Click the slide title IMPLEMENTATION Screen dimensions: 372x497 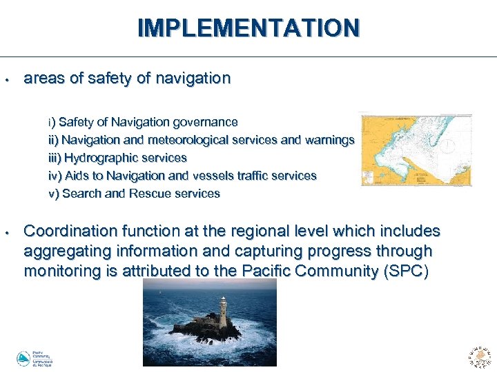click(x=248, y=28)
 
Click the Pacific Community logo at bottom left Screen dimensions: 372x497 click(x=35, y=359)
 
